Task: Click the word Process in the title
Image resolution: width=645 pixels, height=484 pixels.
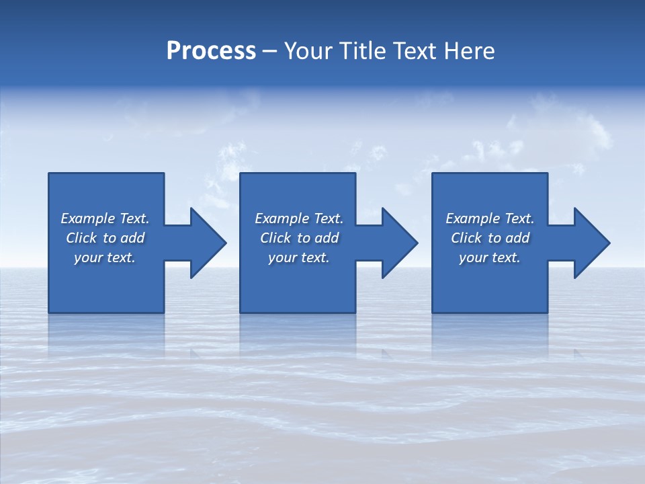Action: pos(211,51)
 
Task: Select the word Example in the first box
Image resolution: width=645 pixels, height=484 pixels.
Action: pos(88,218)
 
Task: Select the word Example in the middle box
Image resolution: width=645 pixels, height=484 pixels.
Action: pos(282,218)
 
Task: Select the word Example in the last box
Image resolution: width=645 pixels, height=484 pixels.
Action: pos(473,218)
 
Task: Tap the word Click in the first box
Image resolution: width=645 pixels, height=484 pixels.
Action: pos(81,238)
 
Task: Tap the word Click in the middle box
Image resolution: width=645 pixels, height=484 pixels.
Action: pos(275,238)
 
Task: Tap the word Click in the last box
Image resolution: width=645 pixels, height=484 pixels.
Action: pos(466,238)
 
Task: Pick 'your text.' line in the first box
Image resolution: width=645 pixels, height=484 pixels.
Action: pos(105,257)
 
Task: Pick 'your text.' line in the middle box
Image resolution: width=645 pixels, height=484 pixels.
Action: pos(298,257)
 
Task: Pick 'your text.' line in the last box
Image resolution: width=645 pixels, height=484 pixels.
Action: pos(490,257)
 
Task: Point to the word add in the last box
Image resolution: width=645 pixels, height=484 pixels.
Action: pos(518,238)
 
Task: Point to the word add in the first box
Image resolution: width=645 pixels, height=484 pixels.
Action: pos(133,238)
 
